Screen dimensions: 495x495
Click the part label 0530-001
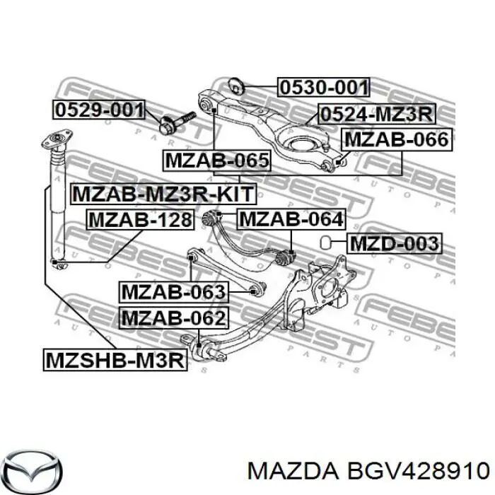tap(324, 87)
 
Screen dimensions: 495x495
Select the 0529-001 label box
tap(99, 110)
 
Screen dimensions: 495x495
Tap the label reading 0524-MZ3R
tap(377, 114)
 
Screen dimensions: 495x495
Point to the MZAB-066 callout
tap(397, 139)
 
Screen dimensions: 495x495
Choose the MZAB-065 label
tap(217, 161)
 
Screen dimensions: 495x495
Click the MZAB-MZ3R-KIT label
tap(163, 194)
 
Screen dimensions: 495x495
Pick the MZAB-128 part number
tap(140, 220)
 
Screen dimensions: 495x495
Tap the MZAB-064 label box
tap(291, 219)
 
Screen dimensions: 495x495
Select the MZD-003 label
tap(395, 243)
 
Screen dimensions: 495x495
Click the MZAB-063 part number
tap(173, 292)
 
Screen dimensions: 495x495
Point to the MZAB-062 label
tap(174, 318)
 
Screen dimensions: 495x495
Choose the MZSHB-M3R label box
tap(115, 360)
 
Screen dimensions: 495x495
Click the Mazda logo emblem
tap(34, 472)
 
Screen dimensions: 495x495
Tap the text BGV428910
tap(418, 472)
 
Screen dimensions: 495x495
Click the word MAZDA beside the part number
tap(292, 472)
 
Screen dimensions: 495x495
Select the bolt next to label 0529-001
tap(177, 122)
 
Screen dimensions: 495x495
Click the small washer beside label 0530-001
tap(235, 86)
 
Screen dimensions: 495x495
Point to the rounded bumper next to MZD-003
tap(325, 243)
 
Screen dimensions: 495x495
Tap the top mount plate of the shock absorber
tap(57, 139)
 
